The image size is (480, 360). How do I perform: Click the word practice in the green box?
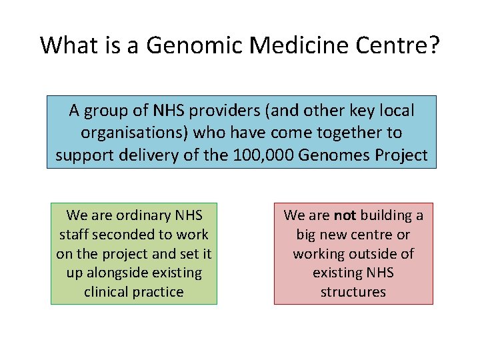click(x=159, y=293)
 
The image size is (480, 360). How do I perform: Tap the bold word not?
click(x=345, y=215)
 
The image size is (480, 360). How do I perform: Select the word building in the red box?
click(x=386, y=215)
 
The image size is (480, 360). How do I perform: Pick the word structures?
click(x=353, y=293)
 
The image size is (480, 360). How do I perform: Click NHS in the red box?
click(x=380, y=273)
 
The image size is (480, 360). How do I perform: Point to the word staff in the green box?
click(x=74, y=235)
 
